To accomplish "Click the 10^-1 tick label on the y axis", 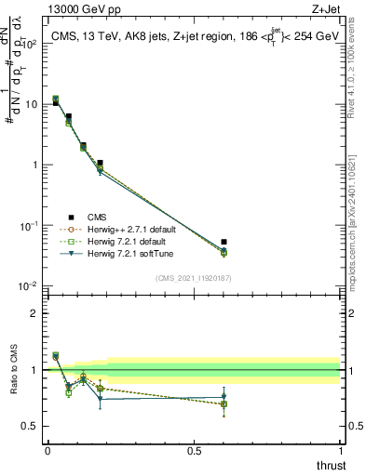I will (x=29, y=226).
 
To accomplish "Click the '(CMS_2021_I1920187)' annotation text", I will (x=194, y=276).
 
